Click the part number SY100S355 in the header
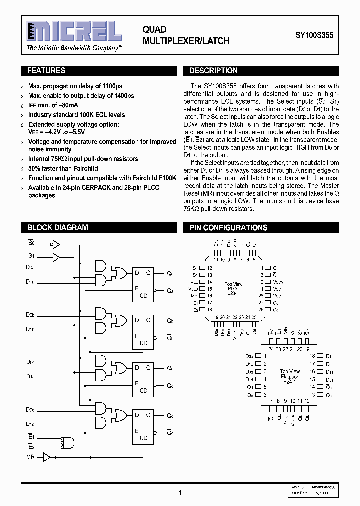317,36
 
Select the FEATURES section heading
46,71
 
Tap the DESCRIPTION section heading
213,71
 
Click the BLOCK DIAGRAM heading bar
57,228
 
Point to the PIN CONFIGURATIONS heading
228,228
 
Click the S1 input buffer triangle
56,258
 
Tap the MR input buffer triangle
47,457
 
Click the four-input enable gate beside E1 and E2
67,443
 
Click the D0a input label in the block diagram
30,268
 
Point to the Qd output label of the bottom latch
170,416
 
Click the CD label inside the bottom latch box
144,438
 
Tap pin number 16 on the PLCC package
210,296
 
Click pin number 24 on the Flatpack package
271,349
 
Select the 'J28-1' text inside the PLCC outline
233,293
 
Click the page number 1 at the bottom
179,493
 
